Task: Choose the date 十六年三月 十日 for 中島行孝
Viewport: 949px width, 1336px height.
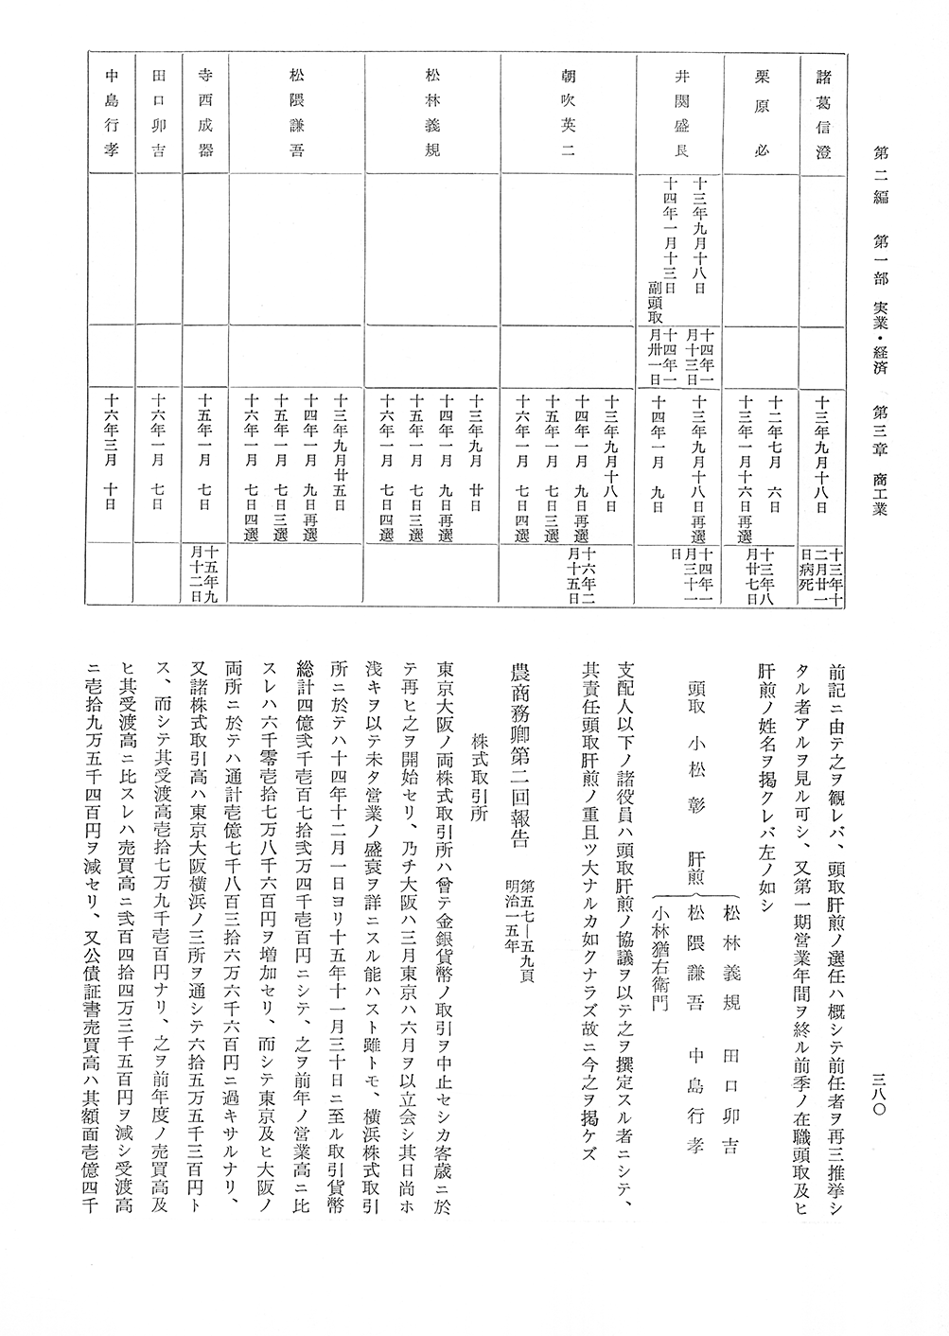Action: point(112,454)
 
